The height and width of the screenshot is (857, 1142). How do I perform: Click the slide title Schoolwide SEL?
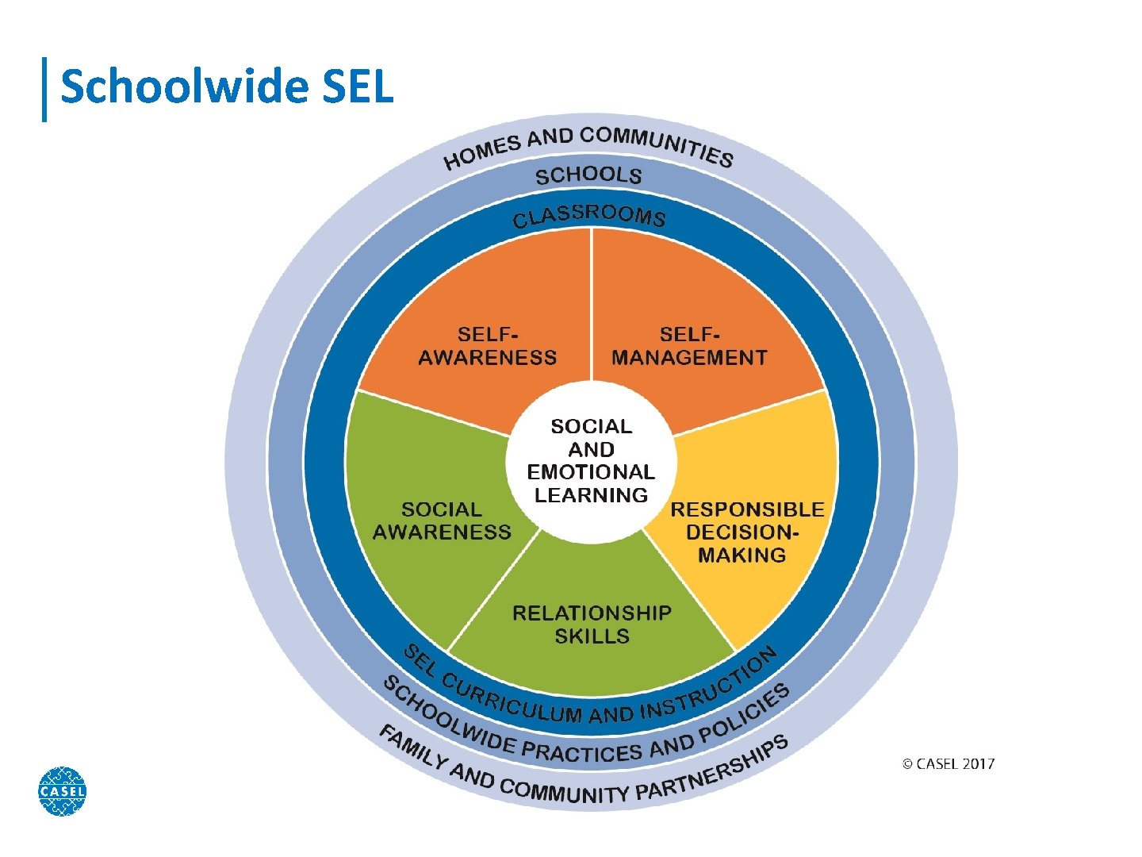pos(227,86)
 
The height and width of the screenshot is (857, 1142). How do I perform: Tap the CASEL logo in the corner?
pos(62,791)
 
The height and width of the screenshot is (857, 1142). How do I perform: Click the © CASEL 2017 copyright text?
pos(948,764)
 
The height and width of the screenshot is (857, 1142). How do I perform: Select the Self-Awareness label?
pos(487,347)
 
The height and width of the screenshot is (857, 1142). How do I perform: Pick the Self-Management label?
pos(689,347)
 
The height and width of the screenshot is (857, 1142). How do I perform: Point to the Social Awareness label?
pos(442,521)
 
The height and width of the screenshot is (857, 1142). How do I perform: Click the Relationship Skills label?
pos(592,624)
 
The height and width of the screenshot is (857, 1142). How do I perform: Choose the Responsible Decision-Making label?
pos(746,532)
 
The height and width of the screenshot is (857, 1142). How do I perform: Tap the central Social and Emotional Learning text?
pos(591,461)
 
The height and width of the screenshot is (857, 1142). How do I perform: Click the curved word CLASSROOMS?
pos(589,215)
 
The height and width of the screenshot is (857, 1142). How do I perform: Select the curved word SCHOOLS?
pos(588,175)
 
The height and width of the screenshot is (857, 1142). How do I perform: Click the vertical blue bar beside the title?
pos(44,89)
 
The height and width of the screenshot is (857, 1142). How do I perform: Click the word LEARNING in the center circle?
pos(591,496)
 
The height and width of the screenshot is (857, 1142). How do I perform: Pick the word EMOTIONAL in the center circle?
pos(591,473)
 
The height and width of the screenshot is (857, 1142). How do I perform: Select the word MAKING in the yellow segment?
pos(742,555)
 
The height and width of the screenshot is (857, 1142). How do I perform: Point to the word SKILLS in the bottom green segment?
pos(592,636)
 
